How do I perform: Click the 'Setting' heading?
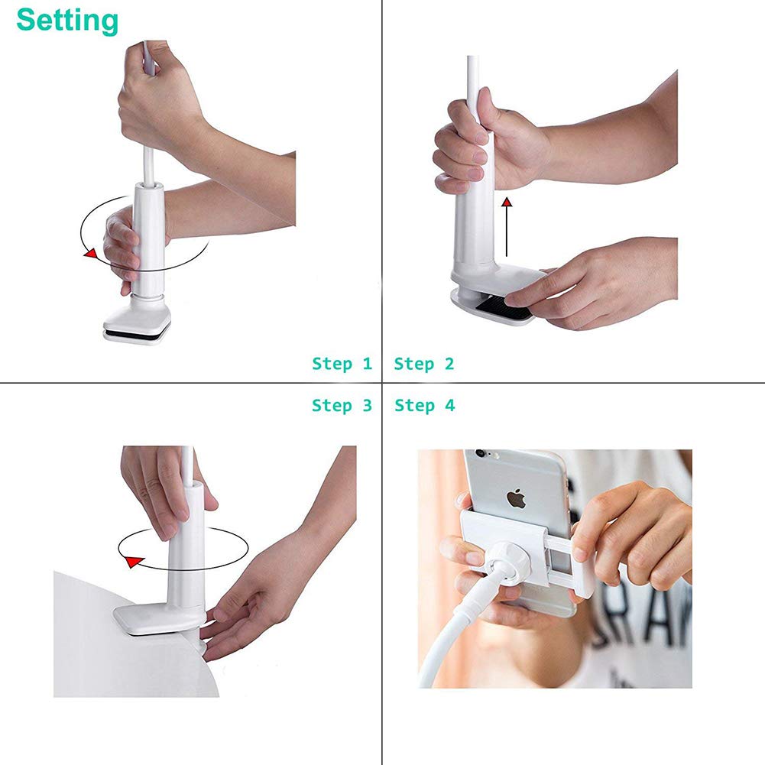tap(67, 21)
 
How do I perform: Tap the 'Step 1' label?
tap(342, 364)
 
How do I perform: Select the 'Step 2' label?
tap(424, 364)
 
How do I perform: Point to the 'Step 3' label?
tap(342, 405)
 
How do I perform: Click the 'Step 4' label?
tap(424, 405)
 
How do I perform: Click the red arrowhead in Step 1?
tap(90, 254)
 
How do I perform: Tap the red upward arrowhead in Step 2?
tap(507, 202)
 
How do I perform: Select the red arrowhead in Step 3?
tap(133, 561)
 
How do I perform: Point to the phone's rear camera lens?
tap(480, 453)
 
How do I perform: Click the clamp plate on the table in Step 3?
tap(158, 619)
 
